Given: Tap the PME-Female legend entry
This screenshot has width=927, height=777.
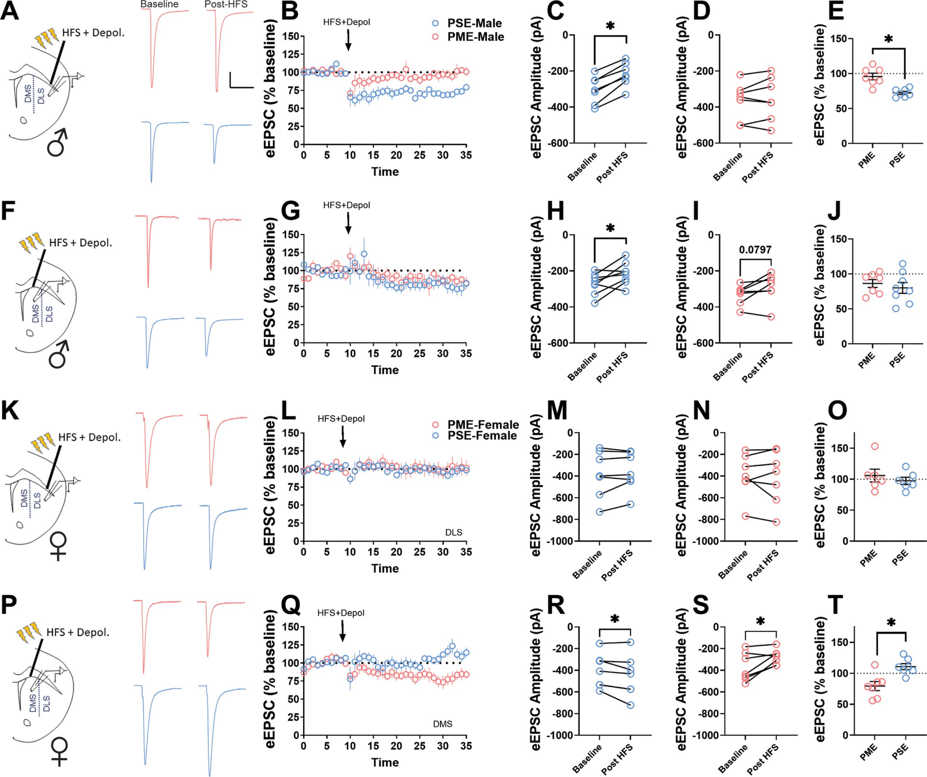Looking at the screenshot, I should click(x=477, y=425).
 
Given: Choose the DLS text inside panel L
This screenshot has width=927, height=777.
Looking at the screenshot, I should click(x=454, y=532).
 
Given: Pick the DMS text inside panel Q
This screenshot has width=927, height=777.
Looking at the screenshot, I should click(x=443, y=724).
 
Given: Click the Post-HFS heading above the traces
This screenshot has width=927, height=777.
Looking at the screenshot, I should click(x=226, y=5).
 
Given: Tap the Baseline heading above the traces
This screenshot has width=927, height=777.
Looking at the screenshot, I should click(x=159, y=5).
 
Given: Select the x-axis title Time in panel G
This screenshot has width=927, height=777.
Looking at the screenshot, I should click(x=385, y=370).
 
